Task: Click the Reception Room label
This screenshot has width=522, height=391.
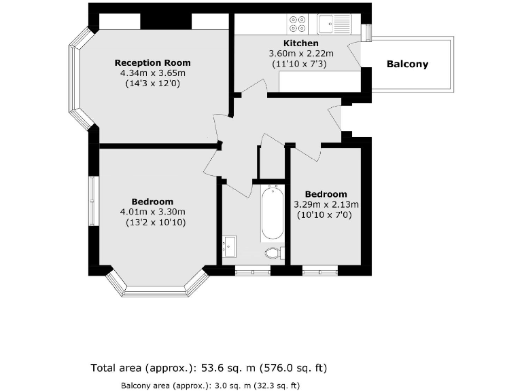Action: pos(153,62)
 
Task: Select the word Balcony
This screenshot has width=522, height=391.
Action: pos(407,64)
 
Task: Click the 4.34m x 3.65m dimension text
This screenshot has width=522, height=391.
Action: pos(153,73)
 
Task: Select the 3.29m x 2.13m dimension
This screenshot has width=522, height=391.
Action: pos(326,204)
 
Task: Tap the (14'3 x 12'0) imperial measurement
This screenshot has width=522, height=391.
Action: pos(153,83)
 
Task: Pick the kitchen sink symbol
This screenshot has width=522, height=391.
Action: pos(334,24)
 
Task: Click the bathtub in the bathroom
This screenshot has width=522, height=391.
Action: pos(271,213)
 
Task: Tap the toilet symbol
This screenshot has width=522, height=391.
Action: pos(273,253)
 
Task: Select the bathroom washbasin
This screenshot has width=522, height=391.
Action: pos(229,246)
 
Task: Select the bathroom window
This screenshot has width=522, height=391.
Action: pos(252,270)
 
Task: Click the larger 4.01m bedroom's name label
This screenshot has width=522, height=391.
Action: pos(152,202)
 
